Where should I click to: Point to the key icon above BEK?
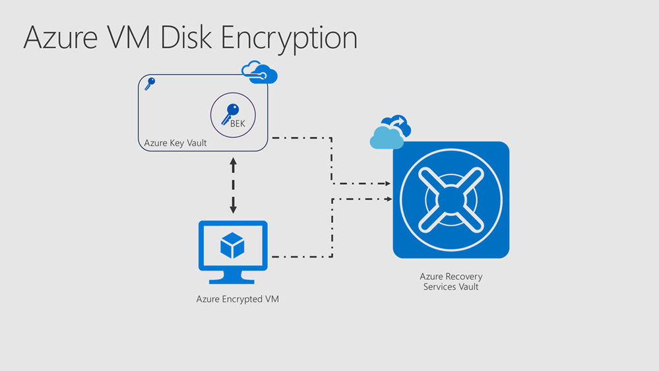tap(232, 110)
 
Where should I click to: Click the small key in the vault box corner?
tap(149, 84)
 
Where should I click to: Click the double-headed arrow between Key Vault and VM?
tap(234, 185)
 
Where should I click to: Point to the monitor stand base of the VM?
tap(232, 280)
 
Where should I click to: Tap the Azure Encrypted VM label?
tap(237, 299)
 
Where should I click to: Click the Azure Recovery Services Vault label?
tap(451, 281)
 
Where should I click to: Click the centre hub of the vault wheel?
tap(451, 199)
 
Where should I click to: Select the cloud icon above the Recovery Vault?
tap(391, 132)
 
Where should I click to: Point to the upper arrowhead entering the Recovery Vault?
tap(387, 184)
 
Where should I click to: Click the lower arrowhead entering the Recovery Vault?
tap(387, 198)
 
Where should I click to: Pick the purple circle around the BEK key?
tap(233, 114)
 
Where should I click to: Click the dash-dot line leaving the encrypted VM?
tap(300, 257)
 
